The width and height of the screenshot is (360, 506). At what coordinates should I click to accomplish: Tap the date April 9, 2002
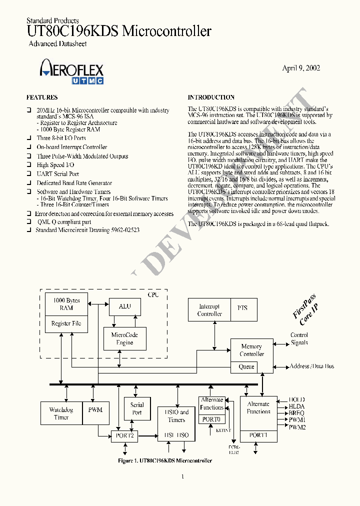point(301,68)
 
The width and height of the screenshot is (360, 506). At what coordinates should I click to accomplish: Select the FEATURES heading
point(42,97)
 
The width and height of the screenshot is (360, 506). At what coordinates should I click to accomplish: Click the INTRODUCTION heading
point(211,97)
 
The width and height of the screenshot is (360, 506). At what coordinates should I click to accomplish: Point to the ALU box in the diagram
point(124,306)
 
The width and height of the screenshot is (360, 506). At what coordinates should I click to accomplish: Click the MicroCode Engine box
point(124,338)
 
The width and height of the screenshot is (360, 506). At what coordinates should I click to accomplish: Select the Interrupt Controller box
point(209,310)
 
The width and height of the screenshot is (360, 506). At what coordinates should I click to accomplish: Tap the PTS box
point(242,308)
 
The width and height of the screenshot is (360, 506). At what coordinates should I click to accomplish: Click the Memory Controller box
point(251,350)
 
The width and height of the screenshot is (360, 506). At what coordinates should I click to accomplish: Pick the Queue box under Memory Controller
point(246,367)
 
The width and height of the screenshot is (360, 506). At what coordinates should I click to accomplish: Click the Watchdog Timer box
point(61,413)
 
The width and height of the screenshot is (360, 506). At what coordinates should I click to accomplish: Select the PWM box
point(95,410)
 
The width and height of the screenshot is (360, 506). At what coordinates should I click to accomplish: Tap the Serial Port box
point(137,409)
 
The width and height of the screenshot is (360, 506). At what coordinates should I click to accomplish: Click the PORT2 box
point(124,436)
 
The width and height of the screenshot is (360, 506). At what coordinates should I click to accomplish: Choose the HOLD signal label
point(297,400)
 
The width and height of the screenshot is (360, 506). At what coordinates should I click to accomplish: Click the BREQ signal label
point(297,413)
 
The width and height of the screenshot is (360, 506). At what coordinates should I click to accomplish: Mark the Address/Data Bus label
point(312,366)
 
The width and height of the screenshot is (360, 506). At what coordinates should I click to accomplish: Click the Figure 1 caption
point(164,460)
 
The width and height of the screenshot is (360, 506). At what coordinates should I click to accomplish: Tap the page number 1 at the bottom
point(182,476)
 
